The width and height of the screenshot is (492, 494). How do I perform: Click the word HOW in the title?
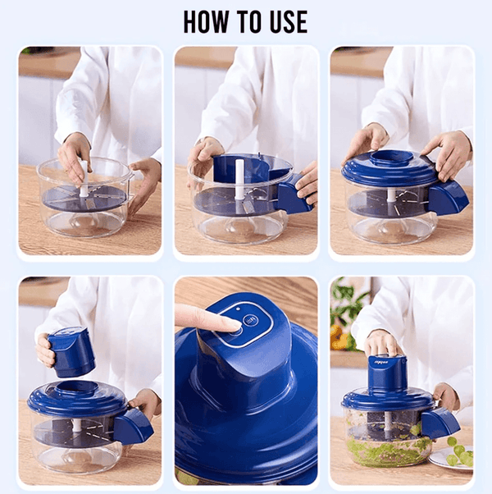[x=205, y=21]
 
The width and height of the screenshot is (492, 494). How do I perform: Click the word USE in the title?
[x=288, y=21]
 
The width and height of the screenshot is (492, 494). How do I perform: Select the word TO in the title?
[x=248, y=21]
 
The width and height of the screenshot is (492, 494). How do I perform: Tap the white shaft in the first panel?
[x=84, y=179]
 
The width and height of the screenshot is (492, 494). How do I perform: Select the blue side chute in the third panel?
[x=449, y=198]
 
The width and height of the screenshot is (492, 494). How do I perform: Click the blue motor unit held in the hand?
[x=71, y=352]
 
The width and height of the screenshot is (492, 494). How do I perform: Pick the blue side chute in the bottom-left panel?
[x=133, y=426]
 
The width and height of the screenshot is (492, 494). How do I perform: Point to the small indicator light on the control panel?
[x=239, y=309]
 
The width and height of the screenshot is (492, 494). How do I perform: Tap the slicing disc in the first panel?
[x=84, y=199]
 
